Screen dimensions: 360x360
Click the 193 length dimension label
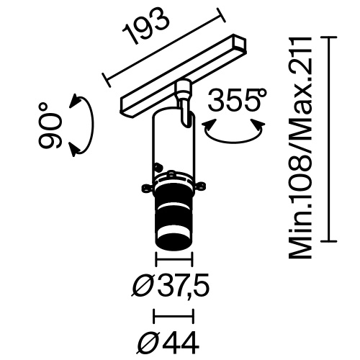tap(147, 31)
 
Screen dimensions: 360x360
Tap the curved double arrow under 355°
tap(232, 130)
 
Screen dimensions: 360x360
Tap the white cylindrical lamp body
tap(173, 140)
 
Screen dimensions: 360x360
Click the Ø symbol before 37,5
tap(143, 287)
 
